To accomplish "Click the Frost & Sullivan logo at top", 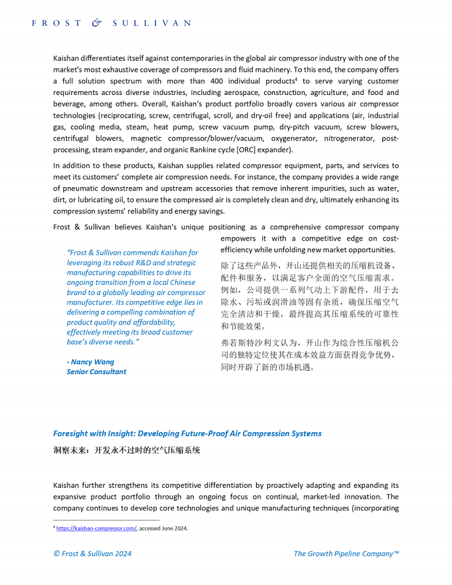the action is point(111,23).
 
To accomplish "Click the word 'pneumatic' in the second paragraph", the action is point(71,188).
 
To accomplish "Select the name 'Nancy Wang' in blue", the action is point(92,362).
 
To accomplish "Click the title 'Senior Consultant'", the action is point(97,372).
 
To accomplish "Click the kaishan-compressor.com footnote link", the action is point(96,528).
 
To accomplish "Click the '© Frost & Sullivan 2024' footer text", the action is point(92,553).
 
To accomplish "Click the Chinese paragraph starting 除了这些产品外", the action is point(310,296).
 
